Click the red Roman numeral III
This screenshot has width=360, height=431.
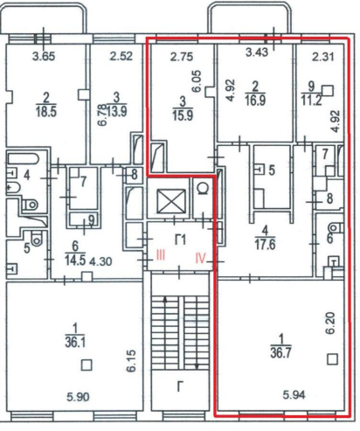tap(161, 255)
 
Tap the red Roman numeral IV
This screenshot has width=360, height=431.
tap(201, 258)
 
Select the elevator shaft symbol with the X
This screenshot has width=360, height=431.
tap(171, 201)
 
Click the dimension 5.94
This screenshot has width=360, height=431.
tap(294, 395)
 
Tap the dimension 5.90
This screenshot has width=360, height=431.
tap(78, 397)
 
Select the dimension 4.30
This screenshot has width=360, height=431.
tap(100, 261)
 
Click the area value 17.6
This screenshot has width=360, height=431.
tap(265, 245)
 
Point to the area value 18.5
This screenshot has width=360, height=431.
tap(46, 111)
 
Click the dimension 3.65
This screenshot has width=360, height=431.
tap(44, 56)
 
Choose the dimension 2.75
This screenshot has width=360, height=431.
tap(182, 57)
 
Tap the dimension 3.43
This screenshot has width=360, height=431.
tap(257, 52)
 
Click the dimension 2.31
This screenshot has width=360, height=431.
tap(323, 57)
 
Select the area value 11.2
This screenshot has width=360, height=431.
tap(311, 101)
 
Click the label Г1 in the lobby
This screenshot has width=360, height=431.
tap(180, 240)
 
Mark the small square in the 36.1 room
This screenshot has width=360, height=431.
tap(87, 365)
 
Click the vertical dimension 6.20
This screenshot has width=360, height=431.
tap(331, 323)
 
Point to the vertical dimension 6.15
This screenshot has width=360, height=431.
tap(131, 361)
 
